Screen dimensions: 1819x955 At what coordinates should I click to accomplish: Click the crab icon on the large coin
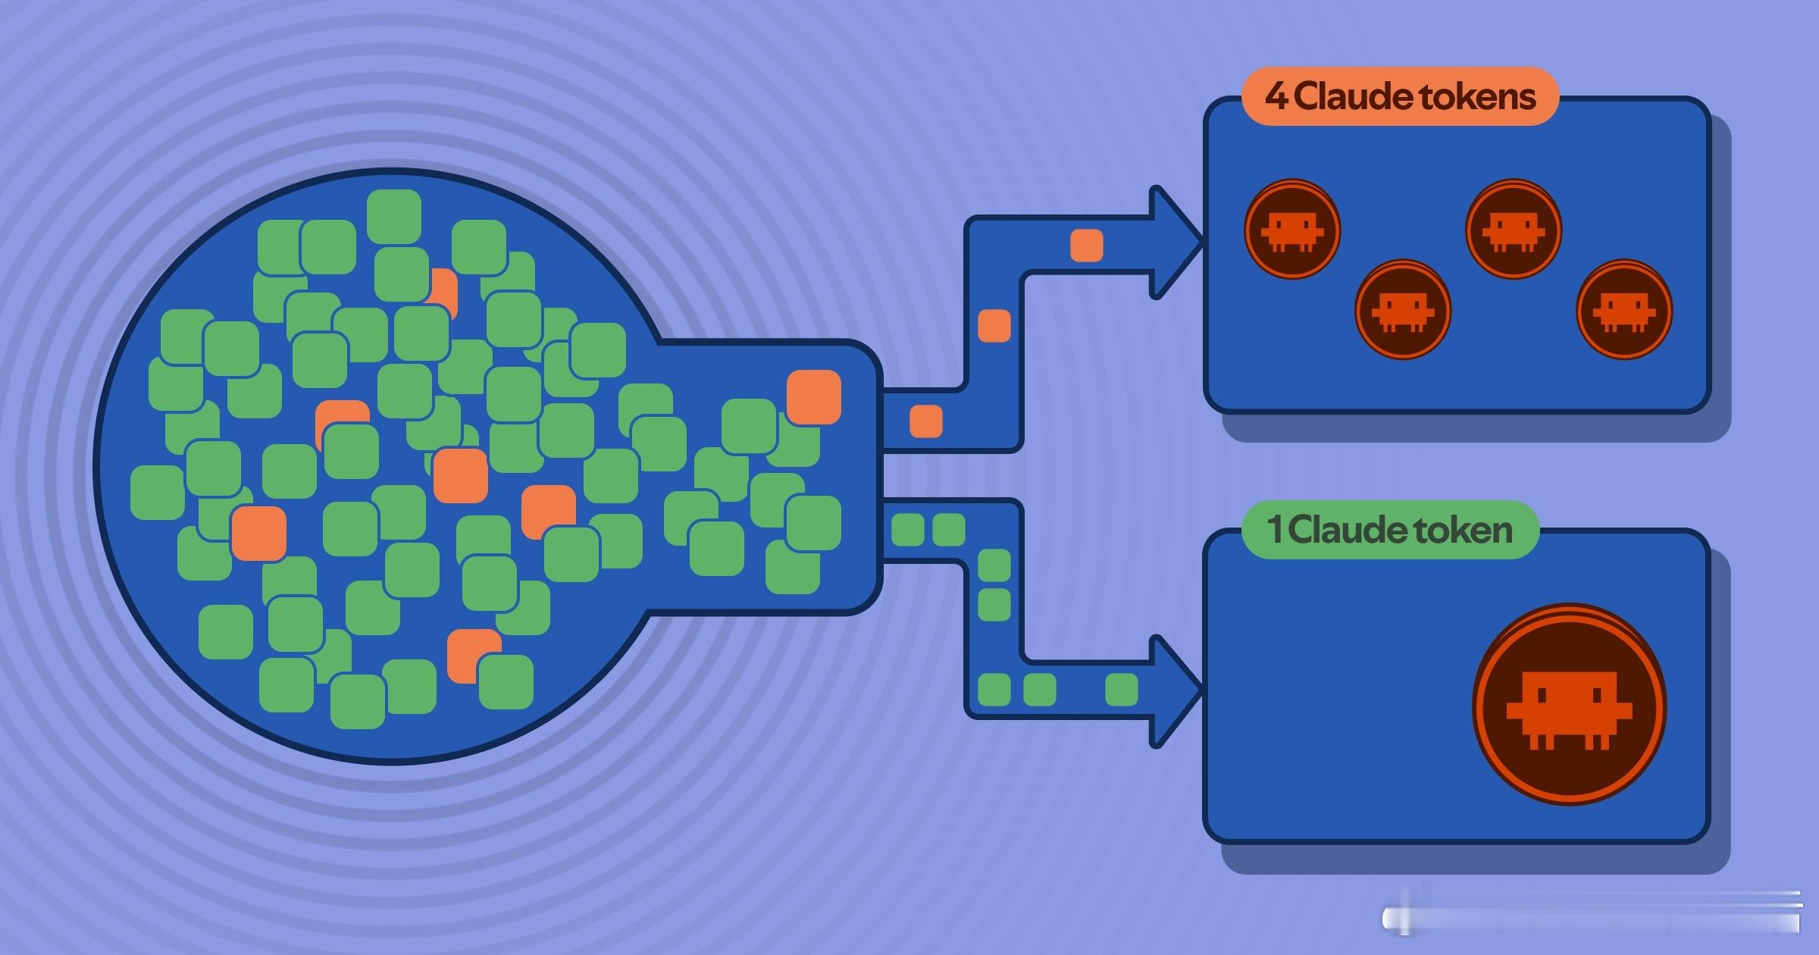coord(1569,709)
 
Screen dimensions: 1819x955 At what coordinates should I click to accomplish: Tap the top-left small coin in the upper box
coord(1292,229)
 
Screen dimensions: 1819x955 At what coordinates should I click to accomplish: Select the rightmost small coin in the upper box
coord(1624,309)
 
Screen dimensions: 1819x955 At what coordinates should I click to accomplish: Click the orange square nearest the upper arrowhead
coord(1086,246)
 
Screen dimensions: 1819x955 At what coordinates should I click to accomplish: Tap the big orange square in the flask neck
coord(813,396)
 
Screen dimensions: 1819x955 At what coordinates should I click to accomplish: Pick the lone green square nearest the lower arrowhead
coord(1121,690)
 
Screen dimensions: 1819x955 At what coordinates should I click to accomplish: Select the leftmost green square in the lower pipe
coord(907,530)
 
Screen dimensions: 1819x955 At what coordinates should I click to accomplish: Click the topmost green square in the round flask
coord(393,217)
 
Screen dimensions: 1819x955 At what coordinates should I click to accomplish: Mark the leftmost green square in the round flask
coord(158,493)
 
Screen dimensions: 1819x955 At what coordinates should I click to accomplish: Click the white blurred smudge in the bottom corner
coord(1592,912)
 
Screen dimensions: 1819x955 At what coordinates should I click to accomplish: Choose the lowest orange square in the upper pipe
coord(925,421)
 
